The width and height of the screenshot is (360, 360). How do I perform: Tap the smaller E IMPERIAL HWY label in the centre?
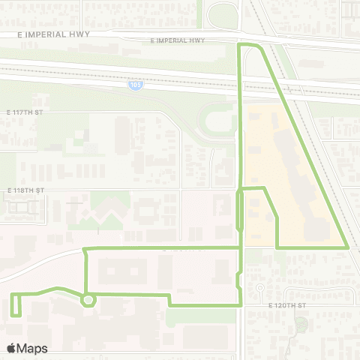click(x=177, y=40)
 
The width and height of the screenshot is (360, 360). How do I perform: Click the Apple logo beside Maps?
click(x=11, y=348)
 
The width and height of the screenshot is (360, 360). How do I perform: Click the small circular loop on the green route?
click(x=88, y=300)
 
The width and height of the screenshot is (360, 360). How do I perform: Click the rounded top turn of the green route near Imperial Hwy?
click(x=250, y=46)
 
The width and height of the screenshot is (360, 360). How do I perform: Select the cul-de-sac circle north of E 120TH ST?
click(x=260, y=287)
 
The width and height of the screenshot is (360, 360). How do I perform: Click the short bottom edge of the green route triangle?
click(x=312, y=247)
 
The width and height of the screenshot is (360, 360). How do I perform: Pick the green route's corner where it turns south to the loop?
click(x=85, y=249)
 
